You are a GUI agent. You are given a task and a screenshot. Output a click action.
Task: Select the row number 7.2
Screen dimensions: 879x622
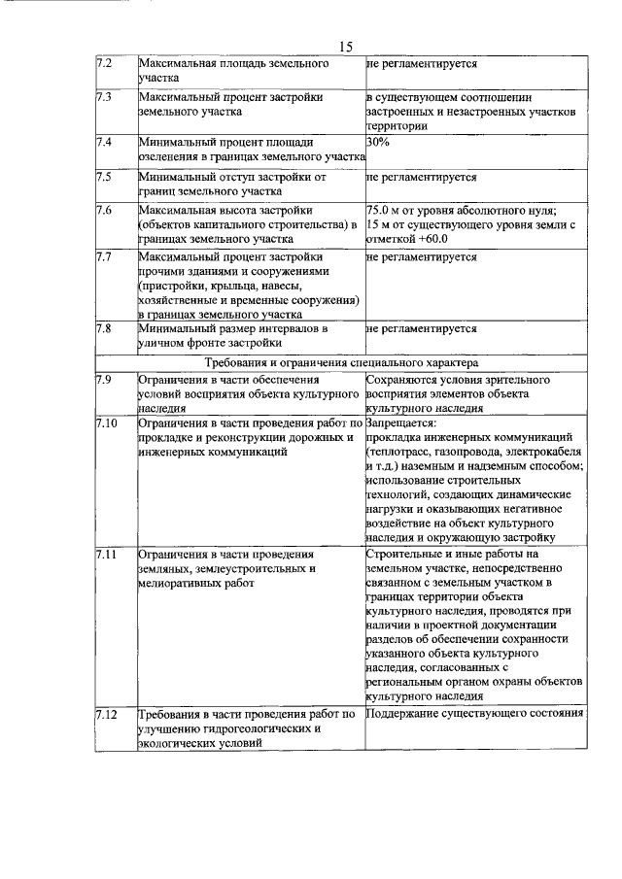104,63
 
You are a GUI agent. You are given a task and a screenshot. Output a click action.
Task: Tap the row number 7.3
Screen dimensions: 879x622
104,98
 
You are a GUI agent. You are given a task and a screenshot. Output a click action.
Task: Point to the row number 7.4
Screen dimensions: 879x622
104,142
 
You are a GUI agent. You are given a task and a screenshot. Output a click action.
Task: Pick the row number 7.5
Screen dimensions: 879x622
104,178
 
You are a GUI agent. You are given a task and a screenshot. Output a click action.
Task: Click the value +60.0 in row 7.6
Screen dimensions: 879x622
425,239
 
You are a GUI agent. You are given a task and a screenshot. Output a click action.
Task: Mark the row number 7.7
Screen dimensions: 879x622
104,257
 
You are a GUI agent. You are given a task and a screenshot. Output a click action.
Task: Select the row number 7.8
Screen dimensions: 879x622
104,329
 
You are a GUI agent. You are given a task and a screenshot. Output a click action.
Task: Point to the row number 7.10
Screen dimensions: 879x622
106,423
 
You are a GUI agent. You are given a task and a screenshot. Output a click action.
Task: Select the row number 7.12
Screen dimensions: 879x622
106,714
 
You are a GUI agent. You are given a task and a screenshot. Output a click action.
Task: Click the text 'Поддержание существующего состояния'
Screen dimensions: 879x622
474,714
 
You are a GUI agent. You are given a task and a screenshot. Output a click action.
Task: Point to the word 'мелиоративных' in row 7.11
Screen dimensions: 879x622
182,583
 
